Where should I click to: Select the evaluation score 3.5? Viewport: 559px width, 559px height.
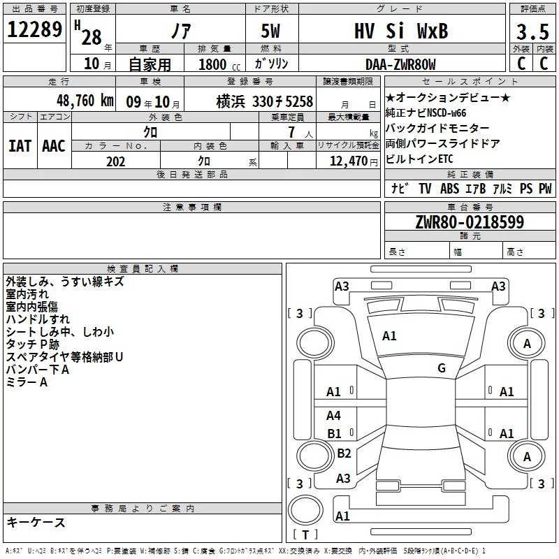pyautogui.click(x=532, y=31)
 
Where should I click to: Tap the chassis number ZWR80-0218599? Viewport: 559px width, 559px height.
pyautogui.click(x=470, y=222)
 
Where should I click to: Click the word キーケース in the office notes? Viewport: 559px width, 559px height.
pyautogui.click(x=36, y=522)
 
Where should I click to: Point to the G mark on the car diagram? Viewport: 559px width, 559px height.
pyautogui.click(x=441, y=368)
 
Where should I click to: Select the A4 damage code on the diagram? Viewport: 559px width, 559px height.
pyautogui.click(x=334, y=416)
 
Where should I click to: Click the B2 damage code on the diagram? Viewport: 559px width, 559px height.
pyautogui.click(x=344, y=453)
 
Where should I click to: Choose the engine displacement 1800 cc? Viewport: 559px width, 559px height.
pyautogui.click(x=216, y=64)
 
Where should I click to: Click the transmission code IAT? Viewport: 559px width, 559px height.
pyautogui.click(x=20, y=145)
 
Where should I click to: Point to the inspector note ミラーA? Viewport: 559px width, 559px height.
pyautogui.click(x=27, y=382)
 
